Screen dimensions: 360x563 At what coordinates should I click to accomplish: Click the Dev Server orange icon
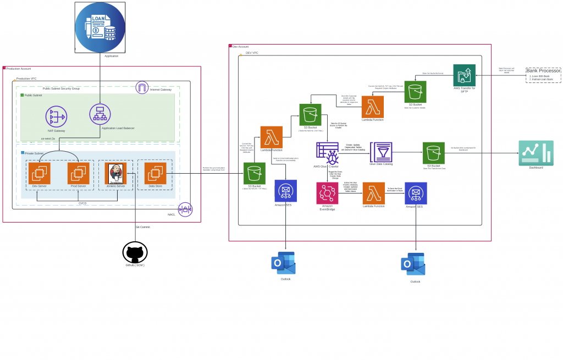[x=39, y=173]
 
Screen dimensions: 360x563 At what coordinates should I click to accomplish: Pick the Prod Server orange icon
[x=78, y=173]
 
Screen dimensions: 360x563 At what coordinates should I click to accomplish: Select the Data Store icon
[x=156, y=173]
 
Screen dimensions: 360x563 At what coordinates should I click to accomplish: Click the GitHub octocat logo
[x=134, y=254]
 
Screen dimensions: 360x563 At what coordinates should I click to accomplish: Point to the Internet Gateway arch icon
[x=142, y=88]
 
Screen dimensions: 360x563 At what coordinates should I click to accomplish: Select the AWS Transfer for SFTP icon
[x=464, y=75]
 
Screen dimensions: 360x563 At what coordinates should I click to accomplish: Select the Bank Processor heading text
[x=543, y=71]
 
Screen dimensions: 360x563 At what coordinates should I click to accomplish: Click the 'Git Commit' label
[x=142, y=227]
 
